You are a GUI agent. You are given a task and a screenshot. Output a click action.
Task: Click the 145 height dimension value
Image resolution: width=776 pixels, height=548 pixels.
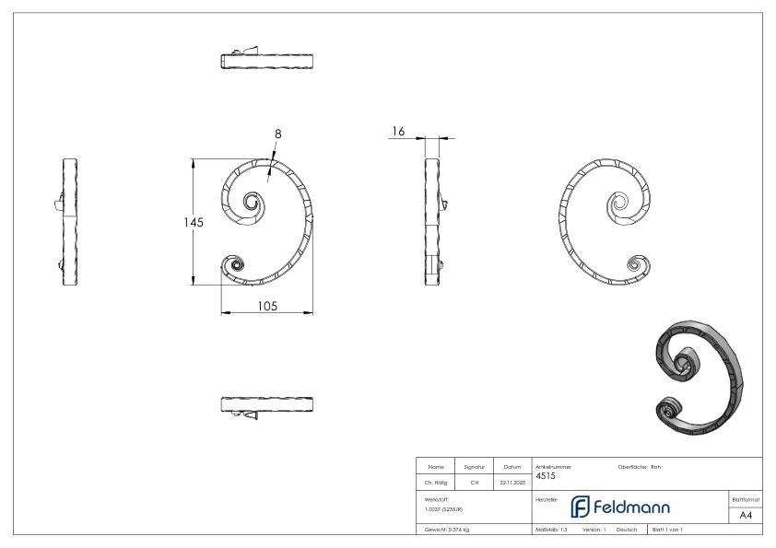click(193, 223)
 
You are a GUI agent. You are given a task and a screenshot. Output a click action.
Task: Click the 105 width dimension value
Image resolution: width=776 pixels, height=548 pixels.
click(267, 306)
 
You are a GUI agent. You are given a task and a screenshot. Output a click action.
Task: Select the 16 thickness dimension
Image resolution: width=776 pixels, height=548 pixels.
click(398, 132)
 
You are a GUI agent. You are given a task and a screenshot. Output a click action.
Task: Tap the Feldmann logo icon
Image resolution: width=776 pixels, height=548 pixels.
click(581, 507)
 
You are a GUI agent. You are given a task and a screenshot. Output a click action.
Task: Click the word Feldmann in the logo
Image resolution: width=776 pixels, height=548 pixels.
click(632, 507)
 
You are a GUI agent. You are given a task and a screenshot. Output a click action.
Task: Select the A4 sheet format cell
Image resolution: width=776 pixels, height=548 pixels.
click(746, 515)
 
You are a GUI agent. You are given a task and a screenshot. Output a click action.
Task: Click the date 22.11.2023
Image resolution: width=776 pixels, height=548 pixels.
click(512, 480)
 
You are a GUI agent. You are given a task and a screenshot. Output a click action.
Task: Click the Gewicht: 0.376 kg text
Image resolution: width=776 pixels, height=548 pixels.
click(447, 530)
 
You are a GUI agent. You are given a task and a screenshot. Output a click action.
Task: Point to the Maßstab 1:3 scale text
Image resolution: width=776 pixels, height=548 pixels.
click(551, 530)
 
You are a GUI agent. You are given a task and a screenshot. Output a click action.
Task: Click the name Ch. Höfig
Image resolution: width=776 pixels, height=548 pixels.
click(436, 480)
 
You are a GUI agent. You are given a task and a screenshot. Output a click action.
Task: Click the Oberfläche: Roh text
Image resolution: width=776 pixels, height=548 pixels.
click(639, 466)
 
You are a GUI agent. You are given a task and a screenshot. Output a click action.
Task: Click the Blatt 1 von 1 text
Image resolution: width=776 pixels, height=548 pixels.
click(667, 530)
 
